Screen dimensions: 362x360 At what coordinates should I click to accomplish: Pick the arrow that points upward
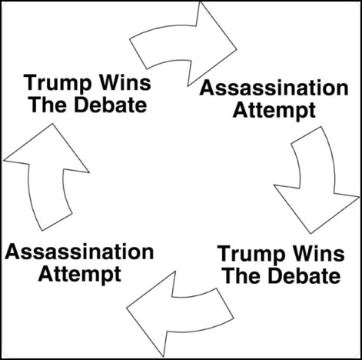[x=46, y=179]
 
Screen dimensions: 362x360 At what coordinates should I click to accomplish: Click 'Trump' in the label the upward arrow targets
[x=58, y=83]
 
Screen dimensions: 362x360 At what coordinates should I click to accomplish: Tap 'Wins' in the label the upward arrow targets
[x=125, y=82]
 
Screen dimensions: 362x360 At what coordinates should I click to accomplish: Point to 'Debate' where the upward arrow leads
[x=111, y=105]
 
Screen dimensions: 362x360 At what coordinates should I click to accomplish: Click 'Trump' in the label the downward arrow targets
[x=251, y=255]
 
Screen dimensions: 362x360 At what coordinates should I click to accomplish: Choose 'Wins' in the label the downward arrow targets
[x=319, y=253]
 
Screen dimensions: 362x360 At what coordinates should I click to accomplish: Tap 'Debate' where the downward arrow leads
[x=304, y=275]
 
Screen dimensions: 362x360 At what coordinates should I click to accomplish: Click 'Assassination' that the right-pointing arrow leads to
[x=274, y=88]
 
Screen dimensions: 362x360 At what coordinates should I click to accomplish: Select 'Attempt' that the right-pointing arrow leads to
[x=274, y=111]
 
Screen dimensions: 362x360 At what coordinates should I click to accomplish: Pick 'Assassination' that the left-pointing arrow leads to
[x=79, y=252]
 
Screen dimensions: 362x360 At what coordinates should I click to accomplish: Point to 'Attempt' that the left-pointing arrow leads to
[x=79, y=275]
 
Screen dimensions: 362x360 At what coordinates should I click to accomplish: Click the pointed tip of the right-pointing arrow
[x=236, y=48]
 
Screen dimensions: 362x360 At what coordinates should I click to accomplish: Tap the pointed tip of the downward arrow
[x=311, y=233]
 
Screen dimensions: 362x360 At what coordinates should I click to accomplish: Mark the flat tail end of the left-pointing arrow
[x=225, y=304]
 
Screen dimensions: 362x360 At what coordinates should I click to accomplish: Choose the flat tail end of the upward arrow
[x=57, y=222]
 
